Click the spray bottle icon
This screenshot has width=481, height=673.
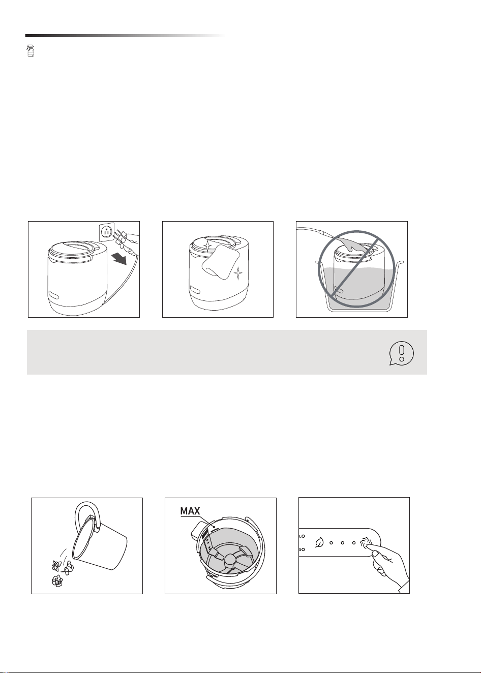click(x=31, y=51)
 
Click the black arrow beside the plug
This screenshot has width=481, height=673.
click(x=120, y=258)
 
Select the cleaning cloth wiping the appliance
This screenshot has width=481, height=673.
click(x=221, y=261)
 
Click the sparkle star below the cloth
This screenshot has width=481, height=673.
click(x=238, y=273)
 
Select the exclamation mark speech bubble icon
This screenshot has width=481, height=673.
click(x=401, y=353)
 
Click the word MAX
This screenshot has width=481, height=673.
click(x=190, y=511)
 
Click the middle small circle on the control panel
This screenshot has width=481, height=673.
click(x=342, y=543)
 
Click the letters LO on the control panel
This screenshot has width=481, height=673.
click(x=302, y=536)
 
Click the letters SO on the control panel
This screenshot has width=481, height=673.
click(x=302, y=549)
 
